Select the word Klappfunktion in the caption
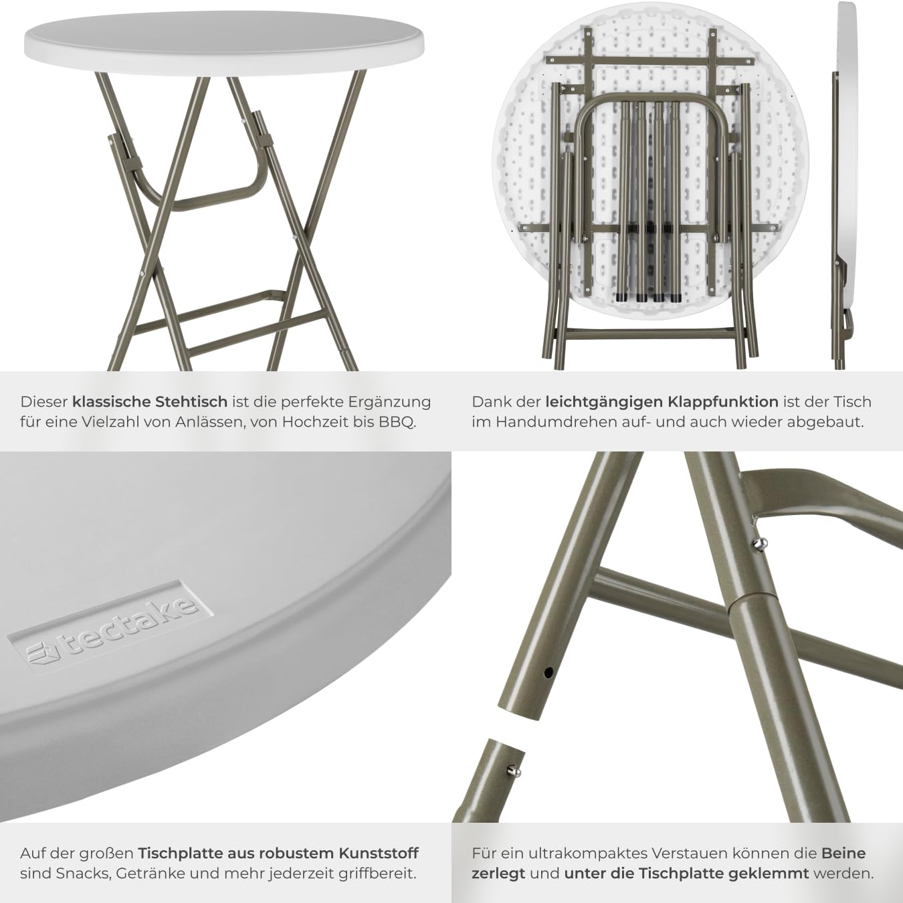(723, 402)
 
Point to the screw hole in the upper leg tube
(548, 674)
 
